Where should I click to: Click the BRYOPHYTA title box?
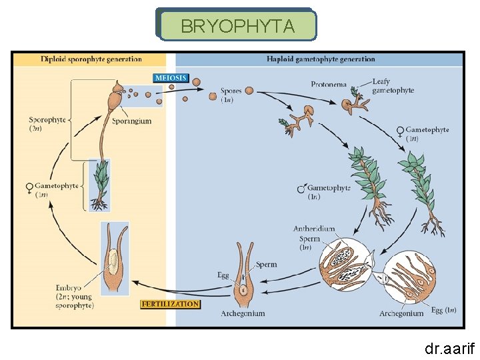237,25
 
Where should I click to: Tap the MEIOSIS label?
170,78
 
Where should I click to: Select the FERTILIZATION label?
170,304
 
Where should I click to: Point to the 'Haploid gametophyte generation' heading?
320,59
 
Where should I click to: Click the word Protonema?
328,84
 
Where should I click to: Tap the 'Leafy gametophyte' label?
393,86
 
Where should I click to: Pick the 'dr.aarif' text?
450,347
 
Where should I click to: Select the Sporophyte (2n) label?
47,124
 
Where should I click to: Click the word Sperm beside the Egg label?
266,265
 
